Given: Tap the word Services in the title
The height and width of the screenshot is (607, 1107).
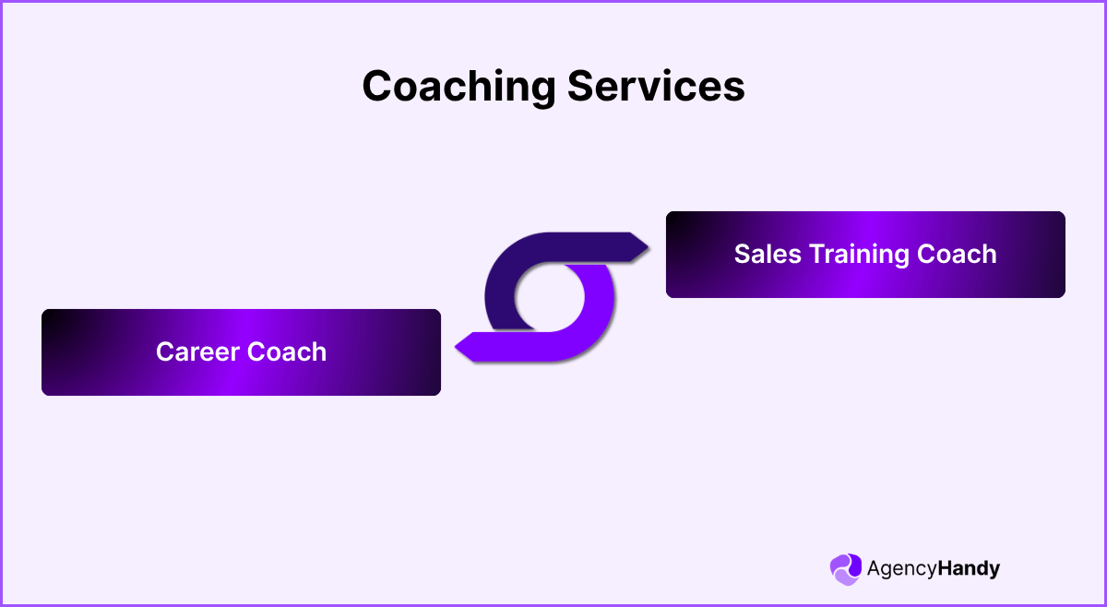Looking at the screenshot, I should [656, 88].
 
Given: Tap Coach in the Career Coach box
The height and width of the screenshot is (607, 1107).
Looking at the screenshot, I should [288, 352].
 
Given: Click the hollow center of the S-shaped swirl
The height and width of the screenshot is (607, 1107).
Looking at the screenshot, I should [550, 297].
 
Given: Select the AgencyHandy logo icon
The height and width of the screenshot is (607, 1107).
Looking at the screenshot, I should [845, 568].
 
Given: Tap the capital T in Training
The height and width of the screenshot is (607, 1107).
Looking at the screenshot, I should [817, 255].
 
